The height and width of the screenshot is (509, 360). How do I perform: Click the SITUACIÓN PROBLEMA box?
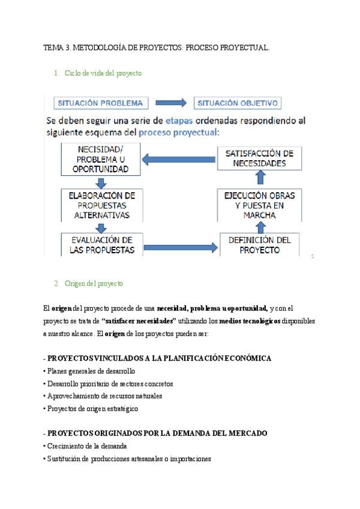[x=100, y=103]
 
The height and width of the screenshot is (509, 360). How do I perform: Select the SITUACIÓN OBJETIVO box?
[x=238, y=103]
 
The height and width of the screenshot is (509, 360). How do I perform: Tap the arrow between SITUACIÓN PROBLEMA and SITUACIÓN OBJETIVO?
[x=170, y=103]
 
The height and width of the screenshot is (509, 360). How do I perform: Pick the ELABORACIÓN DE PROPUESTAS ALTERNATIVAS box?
[x=101, y=205]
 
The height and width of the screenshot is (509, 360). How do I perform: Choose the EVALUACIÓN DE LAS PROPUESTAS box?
[x=101, y=244]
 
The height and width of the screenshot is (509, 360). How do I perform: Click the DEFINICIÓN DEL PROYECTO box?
[x=259, y=244]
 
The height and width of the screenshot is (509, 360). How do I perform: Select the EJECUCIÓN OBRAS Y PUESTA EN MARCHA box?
[x=259, y=205]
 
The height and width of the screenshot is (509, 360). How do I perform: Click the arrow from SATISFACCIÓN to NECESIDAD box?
[x=179, y=159]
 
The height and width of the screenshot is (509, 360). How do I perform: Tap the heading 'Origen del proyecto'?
[x=97, y=283]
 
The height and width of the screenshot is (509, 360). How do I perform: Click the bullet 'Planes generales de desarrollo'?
[x=89, y=371]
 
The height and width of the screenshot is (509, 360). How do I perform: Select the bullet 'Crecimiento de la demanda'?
[x=85, y=446]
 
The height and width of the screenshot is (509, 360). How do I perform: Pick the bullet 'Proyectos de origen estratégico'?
[x=91, y=408]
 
